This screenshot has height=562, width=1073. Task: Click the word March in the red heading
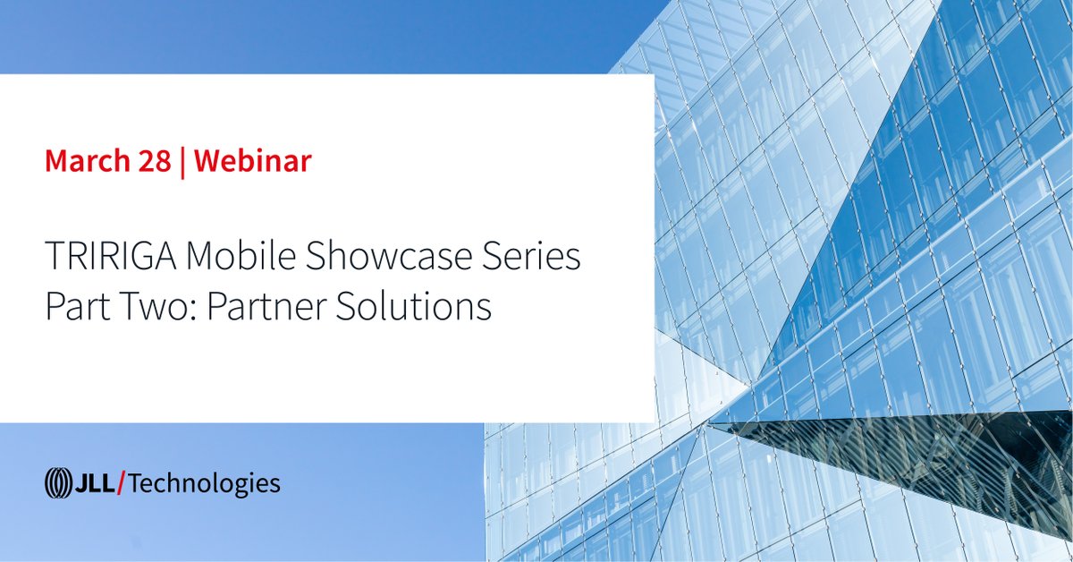[86, 162]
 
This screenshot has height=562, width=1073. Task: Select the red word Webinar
[253, 162]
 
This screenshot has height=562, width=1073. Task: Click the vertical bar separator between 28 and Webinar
[183, 163]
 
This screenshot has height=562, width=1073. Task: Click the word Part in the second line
[73, 307]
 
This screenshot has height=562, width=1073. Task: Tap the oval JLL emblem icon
[58, 484]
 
